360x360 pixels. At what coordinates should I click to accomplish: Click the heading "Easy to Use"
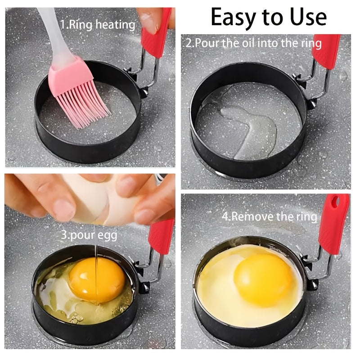tap(268, 17)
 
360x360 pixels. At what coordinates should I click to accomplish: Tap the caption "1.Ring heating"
tap(98, 24)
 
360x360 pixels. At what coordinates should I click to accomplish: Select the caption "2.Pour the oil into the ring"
tap(254, 43)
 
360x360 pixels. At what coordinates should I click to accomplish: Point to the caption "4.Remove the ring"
tap(269, 216)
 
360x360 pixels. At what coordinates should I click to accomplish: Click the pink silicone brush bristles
tap(81, 97)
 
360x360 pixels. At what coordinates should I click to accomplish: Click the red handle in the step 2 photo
tap(327, 52)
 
